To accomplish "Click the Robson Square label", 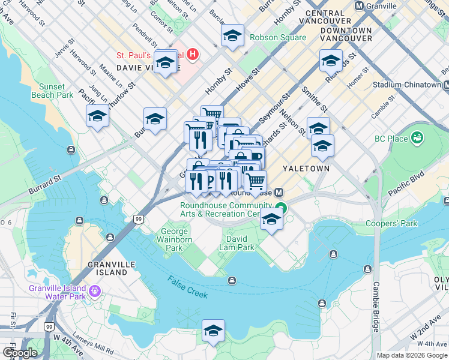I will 278,37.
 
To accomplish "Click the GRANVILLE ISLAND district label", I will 107,268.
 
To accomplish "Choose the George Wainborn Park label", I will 173,239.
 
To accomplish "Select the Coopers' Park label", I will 391,224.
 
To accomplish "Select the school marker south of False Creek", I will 213,331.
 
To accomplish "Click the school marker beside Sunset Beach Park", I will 97,116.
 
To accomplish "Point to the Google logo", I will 20,353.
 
